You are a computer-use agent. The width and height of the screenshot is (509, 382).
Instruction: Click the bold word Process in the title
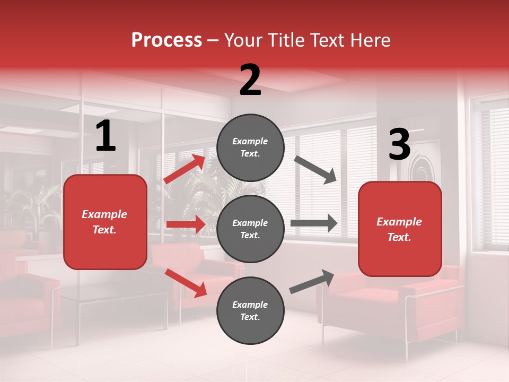[x=166, y=40]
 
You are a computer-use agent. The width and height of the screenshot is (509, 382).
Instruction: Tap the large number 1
[x=106, y=136]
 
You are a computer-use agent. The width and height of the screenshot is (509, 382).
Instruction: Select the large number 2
[x=250, y=80]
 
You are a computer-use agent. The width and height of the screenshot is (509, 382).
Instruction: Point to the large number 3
[x=399, y=145]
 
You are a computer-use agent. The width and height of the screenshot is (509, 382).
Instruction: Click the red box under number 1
[x=105, y=222]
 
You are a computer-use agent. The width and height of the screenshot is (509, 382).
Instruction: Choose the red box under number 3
[x=400, y=229]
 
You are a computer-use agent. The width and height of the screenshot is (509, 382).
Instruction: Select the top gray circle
[x=250, y=147]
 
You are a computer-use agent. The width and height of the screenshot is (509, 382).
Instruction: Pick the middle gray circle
[x=250, y=229]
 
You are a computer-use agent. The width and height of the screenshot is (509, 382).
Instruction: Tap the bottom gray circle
[x=250, y=310]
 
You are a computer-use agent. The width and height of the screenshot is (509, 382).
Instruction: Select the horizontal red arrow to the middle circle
[x=186, y=224]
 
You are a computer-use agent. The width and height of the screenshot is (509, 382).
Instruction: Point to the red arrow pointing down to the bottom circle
[x=186, y=283]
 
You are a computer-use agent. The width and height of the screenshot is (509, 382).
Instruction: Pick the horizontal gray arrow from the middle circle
[x=314, y=223]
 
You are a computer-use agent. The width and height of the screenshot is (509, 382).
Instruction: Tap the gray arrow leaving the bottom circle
[x=312, y=281]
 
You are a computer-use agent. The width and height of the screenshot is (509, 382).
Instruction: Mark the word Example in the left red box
[x=104, y=214]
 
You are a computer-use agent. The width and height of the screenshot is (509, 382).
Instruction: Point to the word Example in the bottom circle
[x=250, y=305]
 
